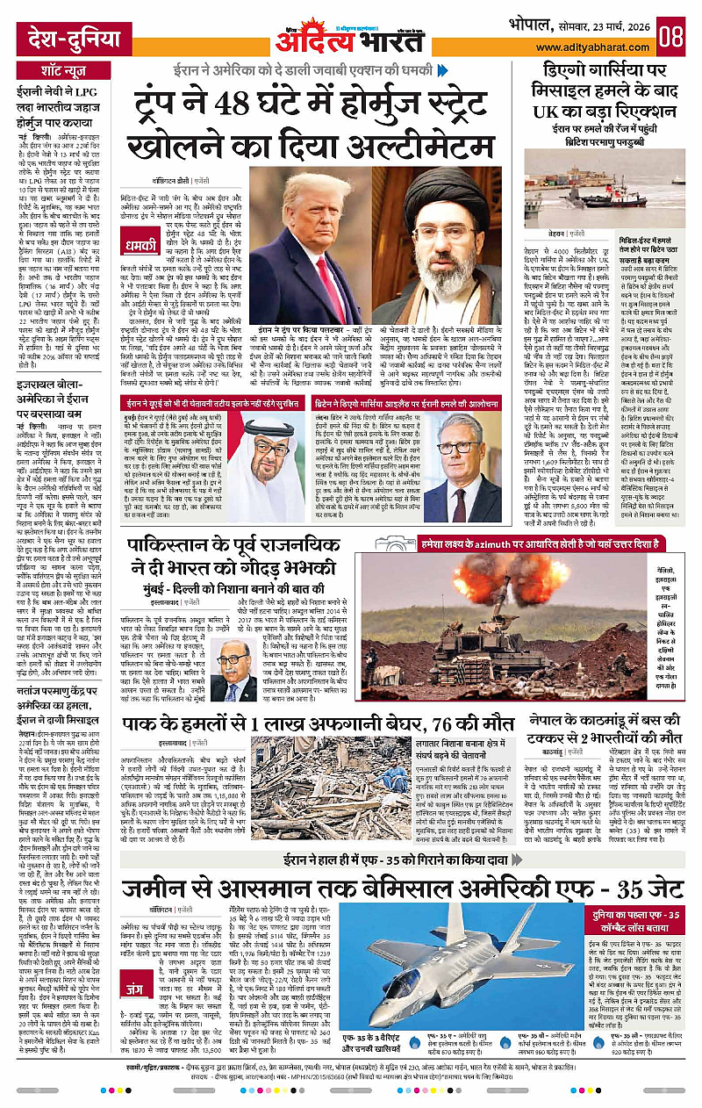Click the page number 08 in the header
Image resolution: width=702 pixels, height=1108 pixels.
tap(672, 38)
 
